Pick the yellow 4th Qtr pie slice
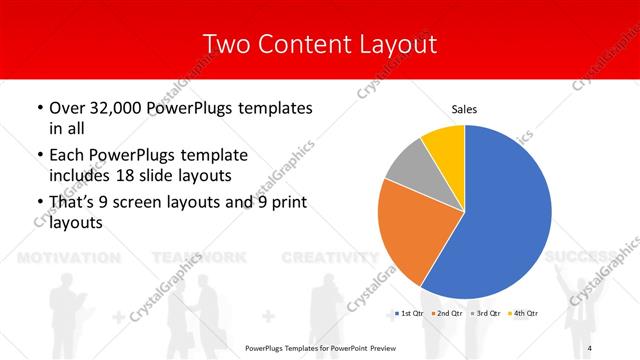click(444, 146)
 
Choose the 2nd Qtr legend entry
click(446, 314)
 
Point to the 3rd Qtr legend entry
click(484, 314)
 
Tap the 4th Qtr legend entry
click(523, 314)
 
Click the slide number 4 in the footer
click(591, 347)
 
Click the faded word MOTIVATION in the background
click(71, 257)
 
